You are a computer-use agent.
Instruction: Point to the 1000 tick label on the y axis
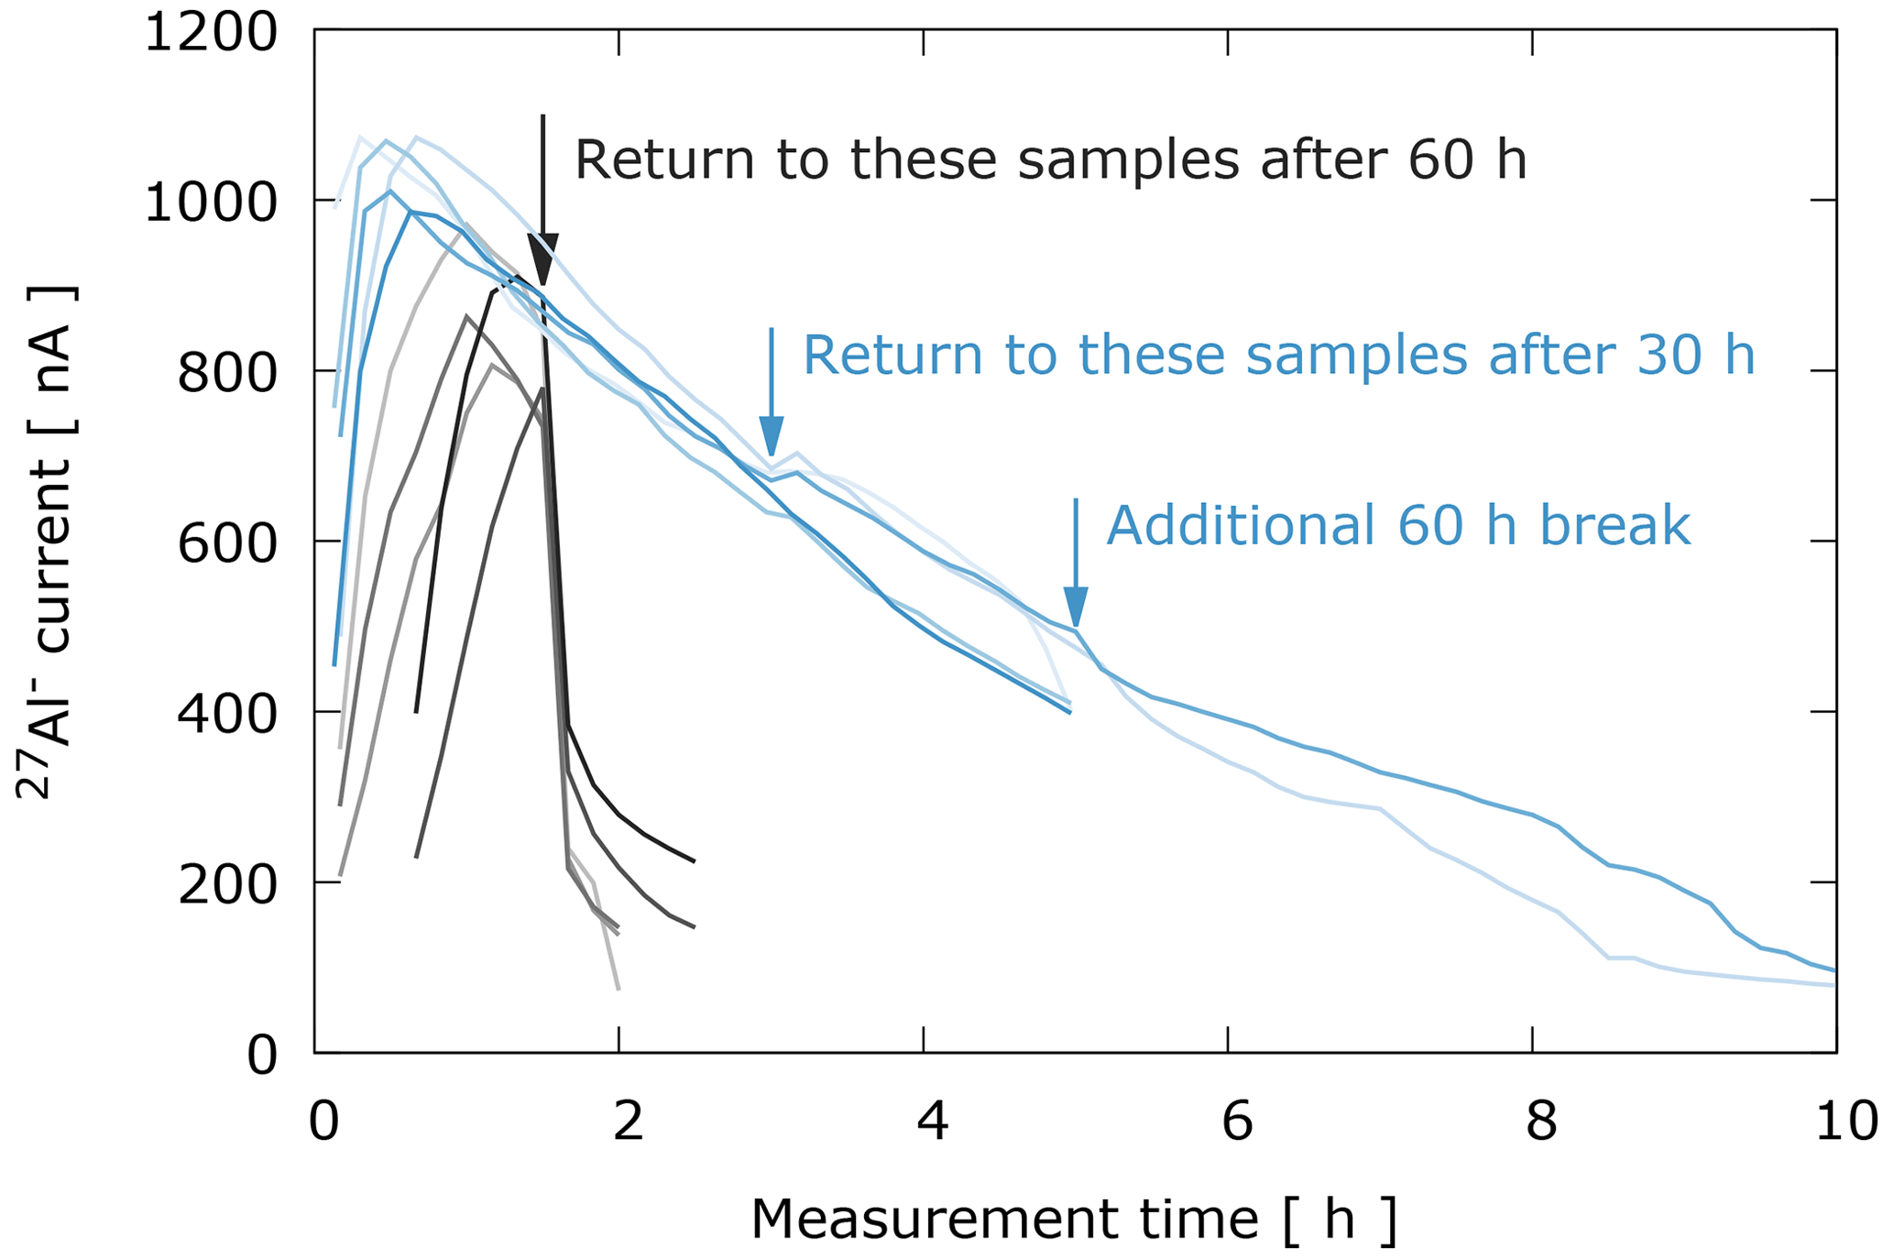210,203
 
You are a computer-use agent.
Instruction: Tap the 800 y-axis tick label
226,373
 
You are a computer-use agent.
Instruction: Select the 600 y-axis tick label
226,543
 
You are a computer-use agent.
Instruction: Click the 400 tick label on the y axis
226,714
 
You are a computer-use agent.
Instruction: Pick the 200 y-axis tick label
226,884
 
